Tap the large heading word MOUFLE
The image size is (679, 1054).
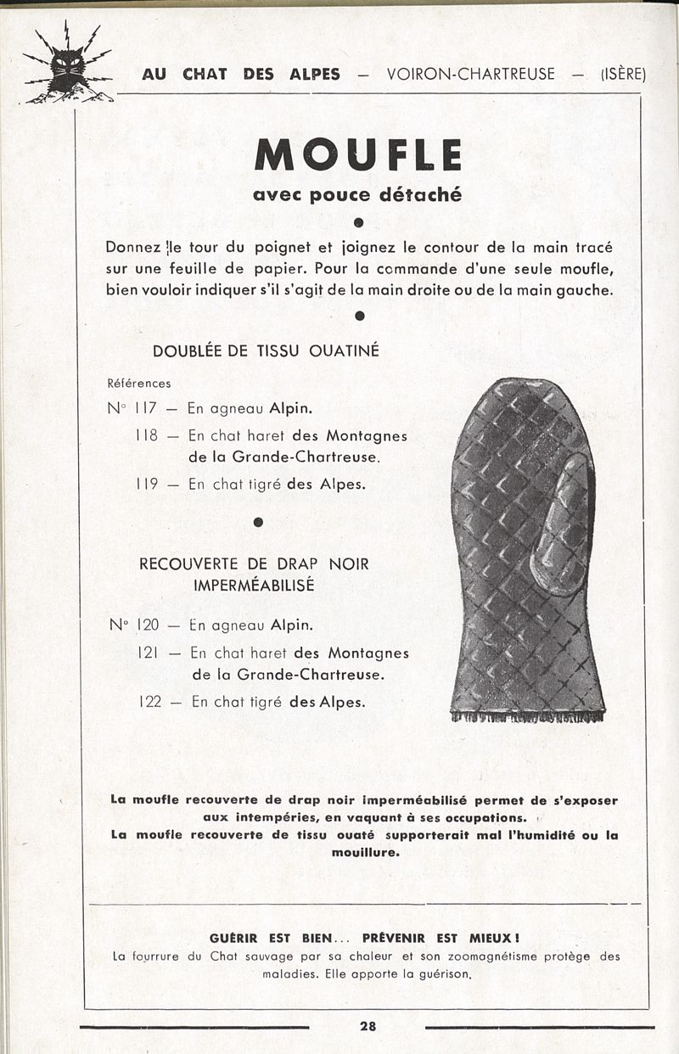[x=357, y=155]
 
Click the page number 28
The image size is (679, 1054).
[x=368, y=1026]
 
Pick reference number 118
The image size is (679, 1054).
[x=147, y=435]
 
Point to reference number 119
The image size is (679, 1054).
[x=147, y=485]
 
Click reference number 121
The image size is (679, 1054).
[x=149, y=653]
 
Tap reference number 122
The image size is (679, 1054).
[x=149, y=702]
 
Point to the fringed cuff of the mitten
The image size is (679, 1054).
[x=527, y=715]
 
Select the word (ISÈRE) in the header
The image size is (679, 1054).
[x=623, y=74]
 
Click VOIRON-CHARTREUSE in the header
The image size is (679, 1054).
[x=470, y=74]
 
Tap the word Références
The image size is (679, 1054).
[x=140, y=384]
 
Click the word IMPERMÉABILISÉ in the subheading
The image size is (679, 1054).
[x=255, y=586]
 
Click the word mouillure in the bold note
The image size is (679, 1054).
[x=364, y=852]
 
